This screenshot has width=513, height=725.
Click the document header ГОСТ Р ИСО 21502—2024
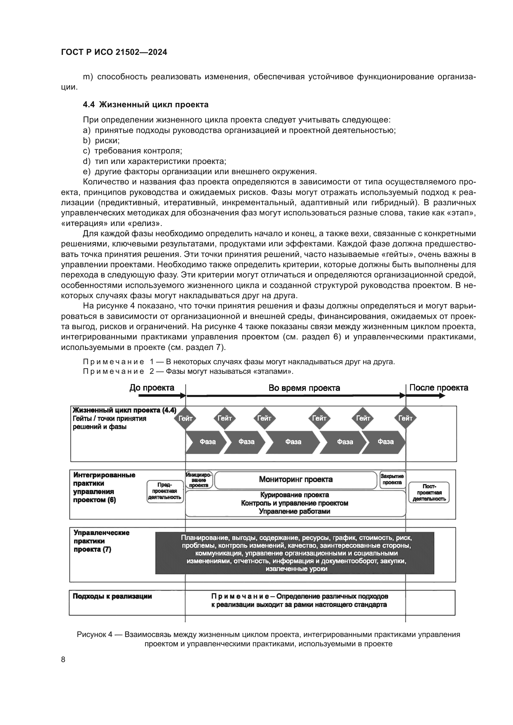pos(114,52)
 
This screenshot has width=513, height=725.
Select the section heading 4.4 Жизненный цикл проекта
pos(146,104)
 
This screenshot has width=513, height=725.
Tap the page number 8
pos(63,659)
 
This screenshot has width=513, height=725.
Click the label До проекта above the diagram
pos(152,388)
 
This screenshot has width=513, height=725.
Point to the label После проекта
pos(439,388)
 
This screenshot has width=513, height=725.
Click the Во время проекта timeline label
pos(304,388)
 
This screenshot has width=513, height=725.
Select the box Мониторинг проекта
pos(296,479)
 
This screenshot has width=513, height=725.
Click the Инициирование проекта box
pos(199,480)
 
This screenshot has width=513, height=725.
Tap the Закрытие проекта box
pos(392,479)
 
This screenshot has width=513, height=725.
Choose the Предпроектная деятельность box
pos(165,491)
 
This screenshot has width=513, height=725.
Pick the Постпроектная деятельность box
pos(429,493)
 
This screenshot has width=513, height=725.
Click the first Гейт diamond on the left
pos(185,418)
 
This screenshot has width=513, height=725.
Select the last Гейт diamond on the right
pos(405,418)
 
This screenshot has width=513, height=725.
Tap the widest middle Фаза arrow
pos(293,442)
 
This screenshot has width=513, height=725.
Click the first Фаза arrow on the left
pos(207,442)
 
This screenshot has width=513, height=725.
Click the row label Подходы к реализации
pos(112,596)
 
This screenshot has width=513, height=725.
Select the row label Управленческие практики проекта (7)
pos(101,541)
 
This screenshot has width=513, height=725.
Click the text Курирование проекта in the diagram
pos(294,495)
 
